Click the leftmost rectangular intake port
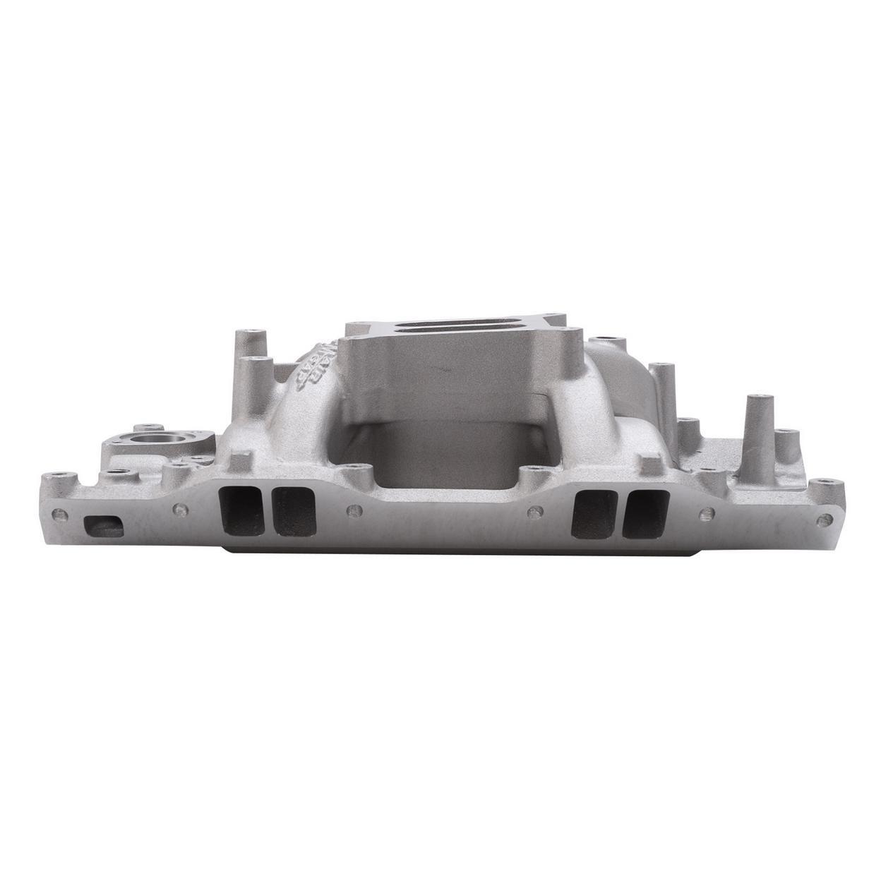tap(236, 512)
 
